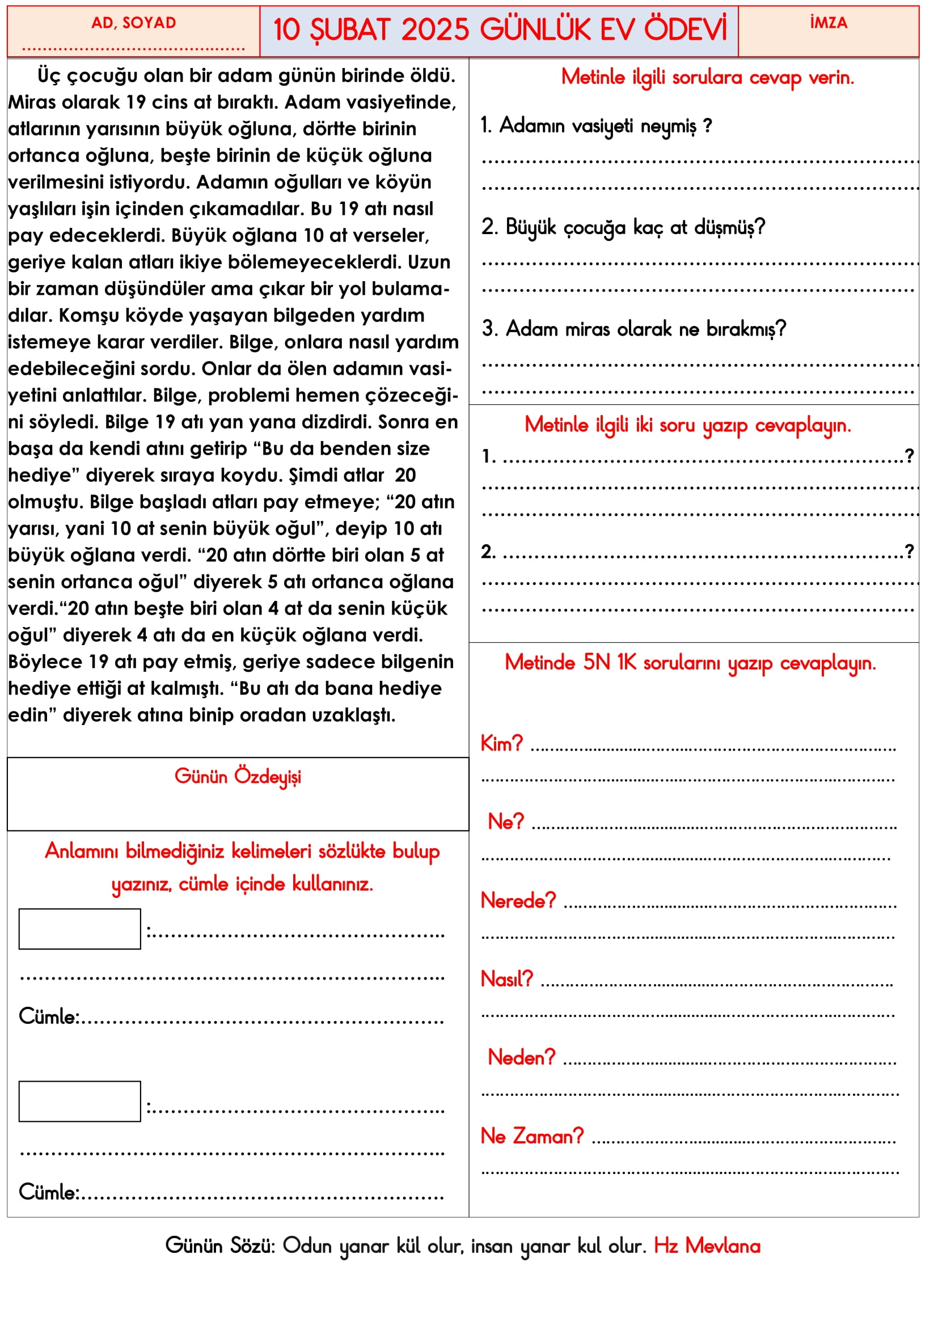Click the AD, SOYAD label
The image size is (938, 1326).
click(133, 23)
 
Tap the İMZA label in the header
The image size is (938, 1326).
click(828, 23)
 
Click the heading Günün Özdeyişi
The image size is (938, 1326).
click(238, 776)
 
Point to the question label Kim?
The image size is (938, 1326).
click(501, 744)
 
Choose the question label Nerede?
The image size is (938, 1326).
click(518, 900)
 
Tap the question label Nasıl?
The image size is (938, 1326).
click(506, 979)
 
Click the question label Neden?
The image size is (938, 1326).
click(522, 1057)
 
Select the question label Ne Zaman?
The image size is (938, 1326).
click(532, 1136)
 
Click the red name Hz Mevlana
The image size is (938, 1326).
click(707, 1245)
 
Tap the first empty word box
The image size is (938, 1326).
click(80, 929)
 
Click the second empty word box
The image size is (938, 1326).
click(80, 1101)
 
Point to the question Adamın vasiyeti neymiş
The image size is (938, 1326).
click(596, 125)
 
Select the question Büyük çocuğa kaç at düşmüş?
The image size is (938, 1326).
click(624, 227)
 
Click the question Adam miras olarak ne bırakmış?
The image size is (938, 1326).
click(634, 329)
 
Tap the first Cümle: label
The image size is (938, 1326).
click(49, 1016)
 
